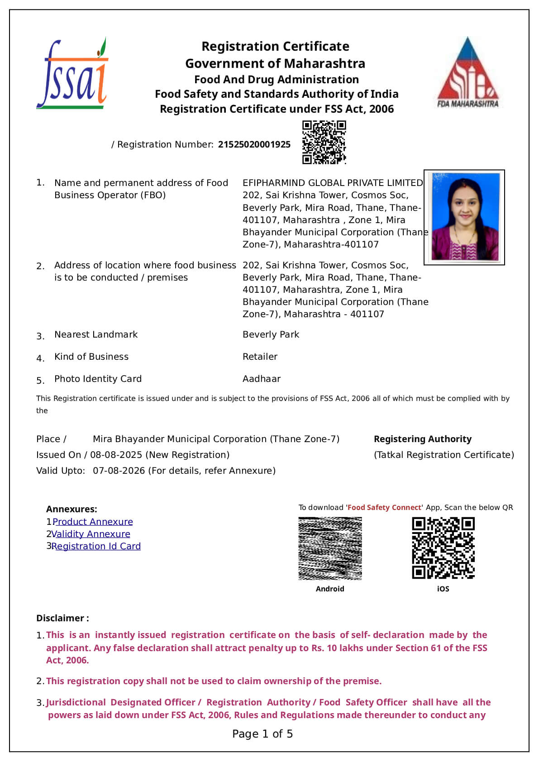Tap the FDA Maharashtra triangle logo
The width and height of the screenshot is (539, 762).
(x=468, y=72)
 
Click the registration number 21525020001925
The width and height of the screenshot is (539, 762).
(x=254, y=144)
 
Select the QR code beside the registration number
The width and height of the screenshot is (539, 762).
(x=324, y=142)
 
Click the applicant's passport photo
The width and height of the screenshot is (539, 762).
(x=464, y=217)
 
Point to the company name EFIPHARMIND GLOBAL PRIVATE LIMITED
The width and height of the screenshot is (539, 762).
(x=333, y=183)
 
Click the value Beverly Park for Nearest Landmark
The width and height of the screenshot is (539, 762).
(x=271, y=334)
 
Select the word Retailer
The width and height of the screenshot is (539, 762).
(x=260, y=357)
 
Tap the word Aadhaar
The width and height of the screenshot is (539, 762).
(x=261, y=379)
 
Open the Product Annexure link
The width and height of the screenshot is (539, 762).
(x=93, y=522)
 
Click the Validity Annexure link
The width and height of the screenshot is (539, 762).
(x=91, y=534)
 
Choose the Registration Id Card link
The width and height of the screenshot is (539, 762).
(x=96, y=546)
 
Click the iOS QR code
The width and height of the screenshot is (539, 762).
(x=443, y=548)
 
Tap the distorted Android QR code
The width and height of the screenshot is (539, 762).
(x=330, y=548)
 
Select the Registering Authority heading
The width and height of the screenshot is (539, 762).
(x=422, y=439)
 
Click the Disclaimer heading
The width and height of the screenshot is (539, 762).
(x=62, y=618)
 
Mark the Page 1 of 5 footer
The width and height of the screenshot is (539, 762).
(x=262, y=734)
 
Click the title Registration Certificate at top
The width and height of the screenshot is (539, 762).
(x=275, y=46)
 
